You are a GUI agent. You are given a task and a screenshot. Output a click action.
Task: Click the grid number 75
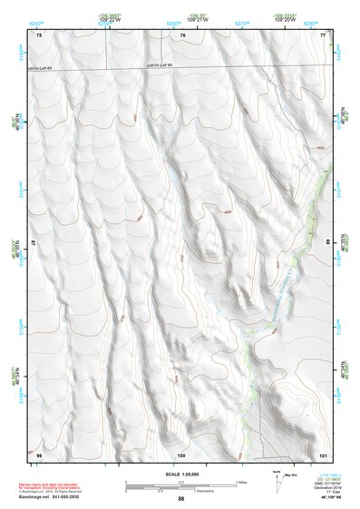[x=39, y=35]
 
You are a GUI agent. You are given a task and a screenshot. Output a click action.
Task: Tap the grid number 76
[x=182, y=35]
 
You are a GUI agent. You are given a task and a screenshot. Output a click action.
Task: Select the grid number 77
[x=323, y=35]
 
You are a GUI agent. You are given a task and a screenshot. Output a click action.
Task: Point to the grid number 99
[x=39, y=455]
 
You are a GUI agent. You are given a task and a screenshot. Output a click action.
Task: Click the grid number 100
[x=181, y=455]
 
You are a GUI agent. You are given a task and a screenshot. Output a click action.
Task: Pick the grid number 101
[x=323, y=455]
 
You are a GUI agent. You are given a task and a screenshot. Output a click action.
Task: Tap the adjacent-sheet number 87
[x=34, y=243]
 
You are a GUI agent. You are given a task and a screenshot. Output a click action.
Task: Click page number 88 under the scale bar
[x=180, y=499]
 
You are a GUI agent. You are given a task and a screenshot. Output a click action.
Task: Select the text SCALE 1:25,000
[x=180, y=473]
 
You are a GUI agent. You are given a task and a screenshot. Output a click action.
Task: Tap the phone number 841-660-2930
[x=87, y=497]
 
